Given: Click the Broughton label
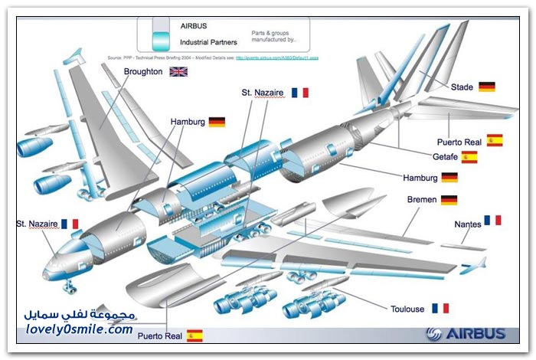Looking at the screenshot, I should pyautogui.click(x=142, y=71).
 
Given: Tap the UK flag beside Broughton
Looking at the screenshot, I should pyautogui.click(x=178, y=72).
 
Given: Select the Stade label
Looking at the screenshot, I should pyautogui.click(x=462, y=87).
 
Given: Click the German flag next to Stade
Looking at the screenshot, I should pyautogui.click(x=487, y=87).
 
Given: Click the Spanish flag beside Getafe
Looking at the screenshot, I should pyautogui.click(x=469, y=157).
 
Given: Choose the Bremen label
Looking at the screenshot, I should pyautogui.click(x=422, y=200).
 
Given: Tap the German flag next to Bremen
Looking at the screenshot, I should pyautogui.click(x=449, y=200).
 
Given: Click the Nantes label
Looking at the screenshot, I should pyautogui.click(x=467, y=224).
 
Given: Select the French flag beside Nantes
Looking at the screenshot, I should pyautogui.click(x=492, y=221).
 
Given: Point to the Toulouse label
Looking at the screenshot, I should pyautogui.click(x=407, y=309).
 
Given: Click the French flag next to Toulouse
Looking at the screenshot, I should pyautogui.click(x=440, y=308).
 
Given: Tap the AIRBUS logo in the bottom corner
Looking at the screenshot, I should pyautogui.click(x=466, y=333).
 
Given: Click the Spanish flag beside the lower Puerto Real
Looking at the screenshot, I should pyautogui.click(x=195, y=335).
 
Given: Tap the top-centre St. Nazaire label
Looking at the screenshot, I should pyautogui.click(x=263, y=93).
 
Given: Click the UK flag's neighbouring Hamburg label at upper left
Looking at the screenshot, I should pyautogui.click(x=187, y=122).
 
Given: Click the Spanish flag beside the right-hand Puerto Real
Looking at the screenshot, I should pyautogui.click(x=494, y=140).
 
